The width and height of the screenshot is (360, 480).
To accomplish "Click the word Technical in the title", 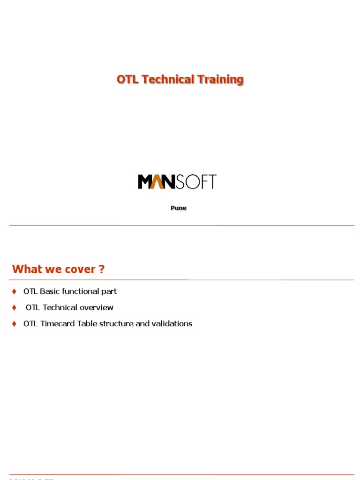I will pos(168,80).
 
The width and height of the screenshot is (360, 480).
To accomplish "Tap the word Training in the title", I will pos(220,80).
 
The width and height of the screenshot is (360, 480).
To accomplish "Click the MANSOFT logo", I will pos(177,181).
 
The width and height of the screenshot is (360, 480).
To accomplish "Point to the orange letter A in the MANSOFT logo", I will pos(158,181).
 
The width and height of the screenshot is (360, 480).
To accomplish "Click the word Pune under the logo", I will pos(178,208).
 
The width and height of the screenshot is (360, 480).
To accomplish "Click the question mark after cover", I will pos(102,270).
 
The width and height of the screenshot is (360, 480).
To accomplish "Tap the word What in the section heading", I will pos(27,270).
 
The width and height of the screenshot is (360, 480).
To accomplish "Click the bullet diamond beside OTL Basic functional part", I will pos(14,292).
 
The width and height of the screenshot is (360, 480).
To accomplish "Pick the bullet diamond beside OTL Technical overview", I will pos(14,308).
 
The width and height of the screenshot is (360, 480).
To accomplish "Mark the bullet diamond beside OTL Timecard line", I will pos(14,324).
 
